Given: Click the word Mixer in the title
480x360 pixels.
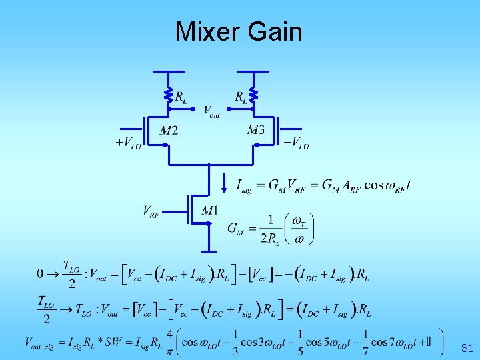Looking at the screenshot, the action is pyautogui.click(x=208, y=31).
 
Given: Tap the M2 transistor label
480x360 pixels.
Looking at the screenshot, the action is pyautogui.click(x=169, y=130).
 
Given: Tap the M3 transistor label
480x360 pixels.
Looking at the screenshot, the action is pyautogui.click(x=255, y=130).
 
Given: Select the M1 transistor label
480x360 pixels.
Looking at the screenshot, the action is pyautogui.click(x=209, y=211).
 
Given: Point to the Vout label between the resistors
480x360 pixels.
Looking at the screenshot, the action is pyautogui.click(x=211, y=111).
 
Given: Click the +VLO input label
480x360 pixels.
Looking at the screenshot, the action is pyautogui.click(x=128, y=142).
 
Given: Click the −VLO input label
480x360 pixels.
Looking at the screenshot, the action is pyautogui.click(x=296, y=142).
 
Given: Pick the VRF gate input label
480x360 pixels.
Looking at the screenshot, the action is pyautogui.click(x=151, y=211).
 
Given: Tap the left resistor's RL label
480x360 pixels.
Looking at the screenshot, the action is pyautogui.click(x=181, y=97).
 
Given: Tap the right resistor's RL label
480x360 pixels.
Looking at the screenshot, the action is pyautogui.click(x=241, y=97).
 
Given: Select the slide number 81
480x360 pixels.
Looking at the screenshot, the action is pyautogui.click(x=467, y=348).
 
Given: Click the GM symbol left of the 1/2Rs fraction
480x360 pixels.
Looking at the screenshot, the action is pyautogui.click(x=235, y=229).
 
